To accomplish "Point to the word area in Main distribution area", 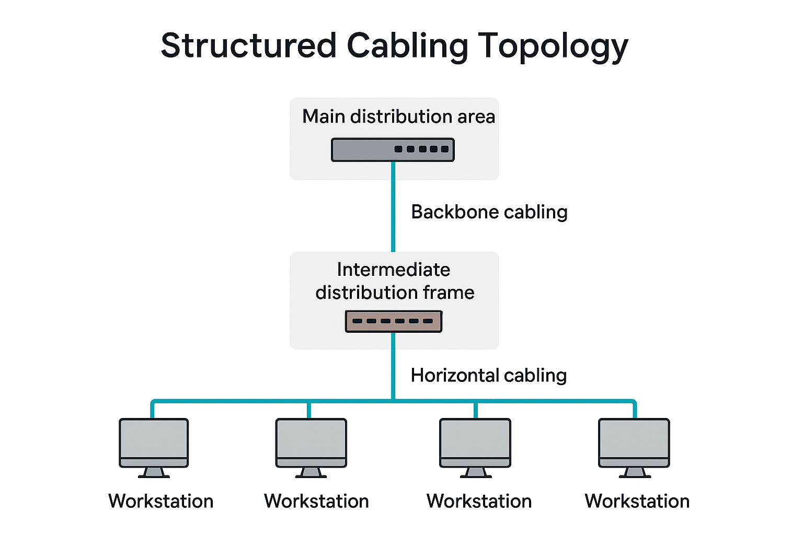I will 476,117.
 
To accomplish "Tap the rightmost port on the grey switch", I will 445,149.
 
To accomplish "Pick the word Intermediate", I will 393,270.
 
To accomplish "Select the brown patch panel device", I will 393,321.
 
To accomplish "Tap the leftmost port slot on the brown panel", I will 358,321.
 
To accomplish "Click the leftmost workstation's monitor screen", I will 154,438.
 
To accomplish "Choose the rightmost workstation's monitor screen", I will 634,438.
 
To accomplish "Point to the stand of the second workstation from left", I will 311,472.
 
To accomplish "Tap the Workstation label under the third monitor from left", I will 479,502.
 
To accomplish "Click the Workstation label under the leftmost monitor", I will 160,502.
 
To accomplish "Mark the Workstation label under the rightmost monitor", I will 637,502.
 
